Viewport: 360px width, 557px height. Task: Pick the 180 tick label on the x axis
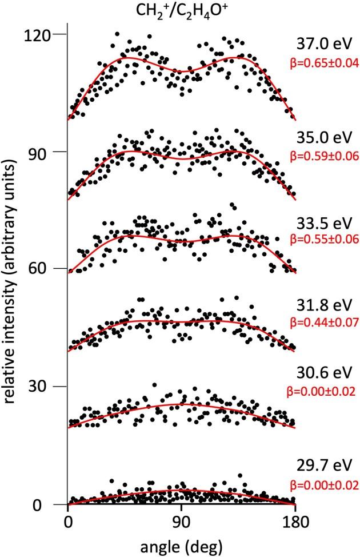point(295,522)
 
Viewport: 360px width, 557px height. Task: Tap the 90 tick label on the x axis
point(181,522)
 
